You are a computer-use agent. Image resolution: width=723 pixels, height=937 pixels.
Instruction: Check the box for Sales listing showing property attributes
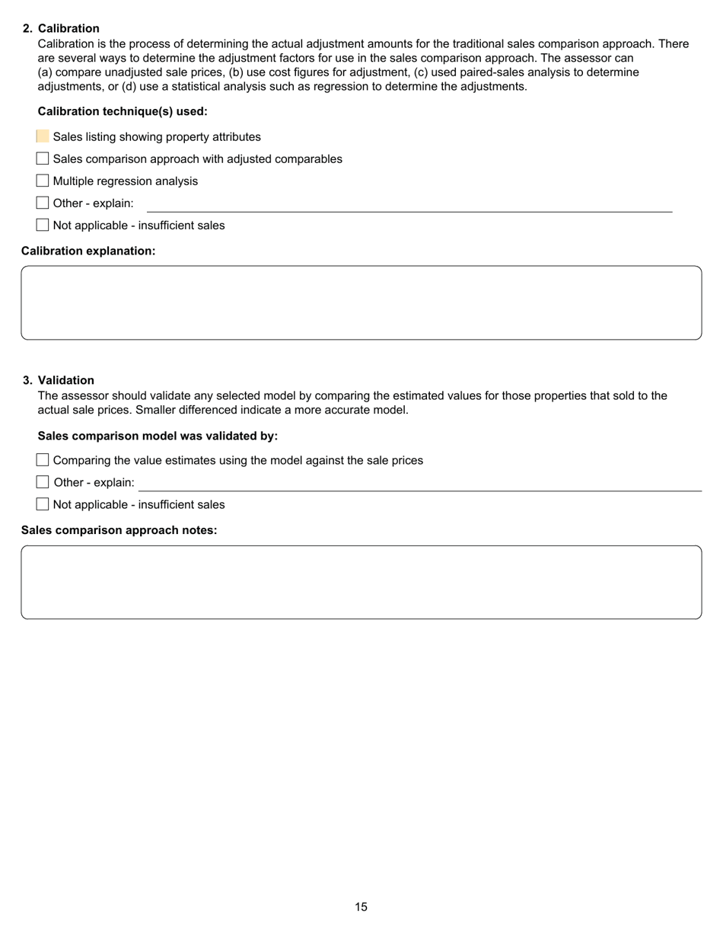(x=43, y=137)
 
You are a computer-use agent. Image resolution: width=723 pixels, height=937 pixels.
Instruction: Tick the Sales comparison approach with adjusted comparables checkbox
(x=43, y=159)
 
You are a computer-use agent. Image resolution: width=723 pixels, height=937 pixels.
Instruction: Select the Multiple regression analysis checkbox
(x=43, y=181)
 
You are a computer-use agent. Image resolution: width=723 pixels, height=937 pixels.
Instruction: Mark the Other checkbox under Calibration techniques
(x=43, y=203)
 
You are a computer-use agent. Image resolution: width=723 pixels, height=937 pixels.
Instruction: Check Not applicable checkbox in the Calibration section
(x=43, y=225)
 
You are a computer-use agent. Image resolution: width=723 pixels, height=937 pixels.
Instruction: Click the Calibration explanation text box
(x=361, y=302)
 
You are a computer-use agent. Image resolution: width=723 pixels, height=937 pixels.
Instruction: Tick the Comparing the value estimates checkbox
(x=43, y=460)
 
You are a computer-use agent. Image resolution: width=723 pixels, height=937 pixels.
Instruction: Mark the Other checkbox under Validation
(x=43, y=482)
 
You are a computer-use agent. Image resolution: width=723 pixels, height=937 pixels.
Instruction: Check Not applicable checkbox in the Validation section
(x=43, y=504)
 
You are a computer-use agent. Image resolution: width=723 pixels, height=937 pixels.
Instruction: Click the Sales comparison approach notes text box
(x=361, y=582)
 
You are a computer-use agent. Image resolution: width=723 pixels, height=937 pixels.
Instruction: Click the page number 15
(x=361, y=907)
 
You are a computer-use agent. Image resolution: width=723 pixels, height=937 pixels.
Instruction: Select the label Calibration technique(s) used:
(x=123, y=111)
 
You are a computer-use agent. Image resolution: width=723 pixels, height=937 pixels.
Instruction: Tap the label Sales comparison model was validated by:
(x=158, y=436)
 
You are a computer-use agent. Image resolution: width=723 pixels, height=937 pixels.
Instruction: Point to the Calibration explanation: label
(x=88, y=251)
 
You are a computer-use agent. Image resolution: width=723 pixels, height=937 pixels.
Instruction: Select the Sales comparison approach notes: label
(x=119, y=530)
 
